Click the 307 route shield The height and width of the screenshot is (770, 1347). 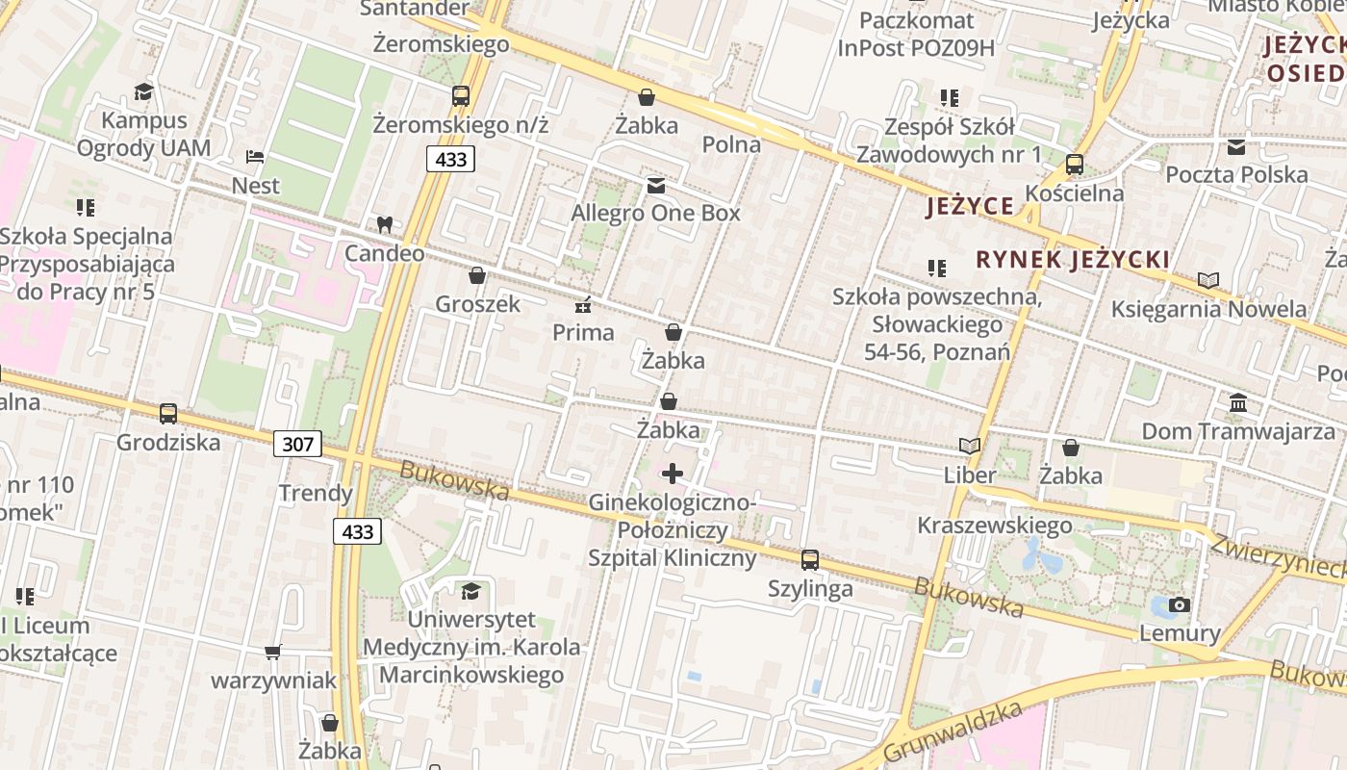click(297, 444)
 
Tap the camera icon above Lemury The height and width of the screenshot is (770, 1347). click(1179, 605)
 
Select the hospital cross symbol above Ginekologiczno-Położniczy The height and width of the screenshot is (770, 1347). click(673, 474)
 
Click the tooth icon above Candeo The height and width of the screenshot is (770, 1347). click(384, 225)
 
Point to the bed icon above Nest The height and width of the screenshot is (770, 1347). click(255, 157)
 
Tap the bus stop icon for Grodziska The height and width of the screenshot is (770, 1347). click(168, 414)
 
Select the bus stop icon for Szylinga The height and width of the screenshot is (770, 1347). click(810, 560)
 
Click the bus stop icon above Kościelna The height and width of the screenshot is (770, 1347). click(1075, 165)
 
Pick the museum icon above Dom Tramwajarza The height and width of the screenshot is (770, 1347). click(1238, 402)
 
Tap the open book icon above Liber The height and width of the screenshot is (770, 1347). click(970, 447)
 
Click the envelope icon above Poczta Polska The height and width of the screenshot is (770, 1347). click(1236, 147)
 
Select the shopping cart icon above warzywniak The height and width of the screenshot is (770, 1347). click(273, 653)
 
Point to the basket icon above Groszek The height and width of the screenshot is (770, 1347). click(476, 276)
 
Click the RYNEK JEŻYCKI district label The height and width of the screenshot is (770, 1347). click(1073, 260)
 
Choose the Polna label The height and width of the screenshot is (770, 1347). click(731, 145)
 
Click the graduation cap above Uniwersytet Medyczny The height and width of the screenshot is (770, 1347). click(470, 591)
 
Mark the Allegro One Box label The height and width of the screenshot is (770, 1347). click(656, 213)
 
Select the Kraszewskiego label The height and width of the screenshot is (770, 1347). click(994, 526)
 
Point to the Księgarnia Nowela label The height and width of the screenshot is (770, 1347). click(1208, 309)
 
